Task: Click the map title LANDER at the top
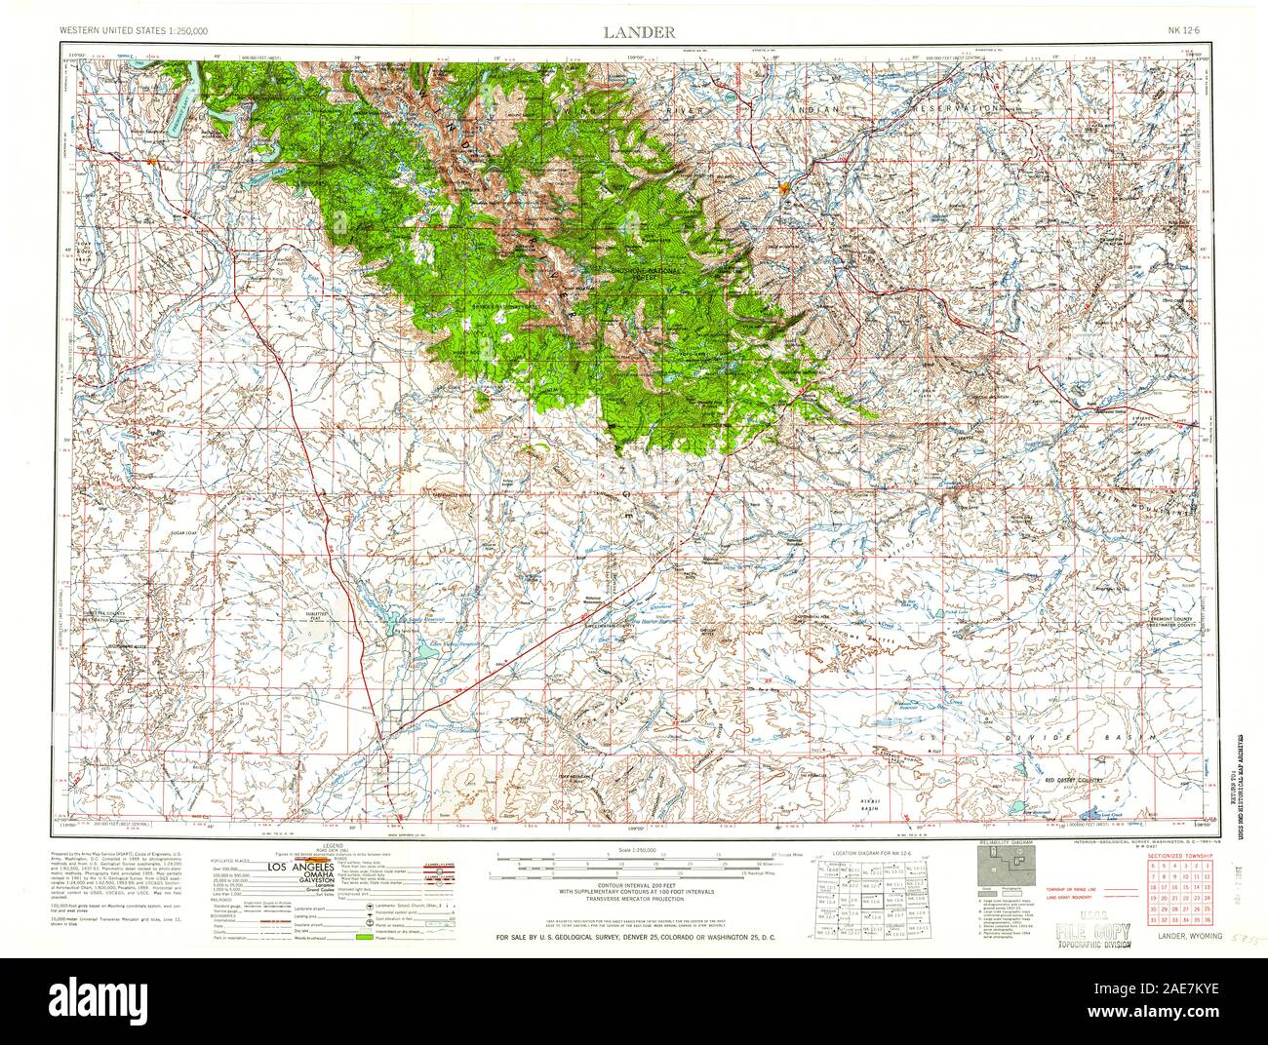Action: coord(638,32)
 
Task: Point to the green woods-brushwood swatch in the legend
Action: coord(368,937)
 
